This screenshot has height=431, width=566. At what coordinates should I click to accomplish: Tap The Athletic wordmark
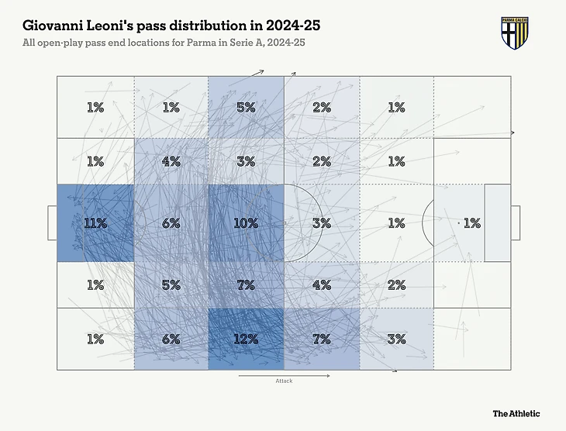[x=516, y=414]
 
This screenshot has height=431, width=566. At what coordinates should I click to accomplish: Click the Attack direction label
[x=284, y=381]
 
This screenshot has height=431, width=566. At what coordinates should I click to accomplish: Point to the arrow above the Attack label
[x=284, y=375]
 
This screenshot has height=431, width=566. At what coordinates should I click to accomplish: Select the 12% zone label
[x=246, y=340]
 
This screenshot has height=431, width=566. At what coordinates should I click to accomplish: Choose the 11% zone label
[x=95, y=223]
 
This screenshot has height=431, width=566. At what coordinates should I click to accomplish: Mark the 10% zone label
[x=246, y=223]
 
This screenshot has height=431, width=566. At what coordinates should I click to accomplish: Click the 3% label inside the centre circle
[x=321, y=223]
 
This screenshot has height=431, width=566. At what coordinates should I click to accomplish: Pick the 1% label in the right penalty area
[x=471, y=223]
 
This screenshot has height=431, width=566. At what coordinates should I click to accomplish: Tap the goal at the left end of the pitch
[x=52, y=223]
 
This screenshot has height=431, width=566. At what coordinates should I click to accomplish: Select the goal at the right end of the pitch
[x=515, y=223]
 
